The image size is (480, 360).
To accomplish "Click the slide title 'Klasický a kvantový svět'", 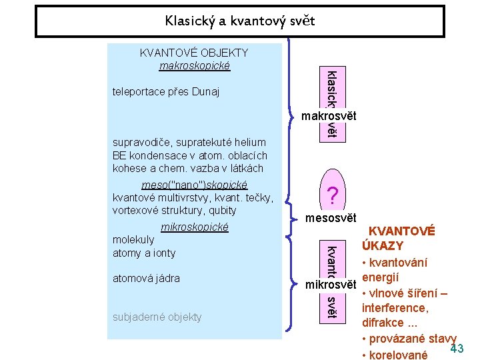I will click(240, 21).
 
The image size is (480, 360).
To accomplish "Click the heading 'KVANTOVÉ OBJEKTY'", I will click(193, 53).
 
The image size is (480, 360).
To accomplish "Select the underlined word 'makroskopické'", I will click(195, 65).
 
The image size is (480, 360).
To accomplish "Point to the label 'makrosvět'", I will click(329, 117).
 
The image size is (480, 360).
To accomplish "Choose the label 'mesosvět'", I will click(331, 218).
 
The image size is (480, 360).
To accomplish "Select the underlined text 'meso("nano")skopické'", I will click(195, 185).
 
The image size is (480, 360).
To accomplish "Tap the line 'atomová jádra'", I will click(146, 278).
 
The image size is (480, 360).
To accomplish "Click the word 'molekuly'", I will click(133, 239).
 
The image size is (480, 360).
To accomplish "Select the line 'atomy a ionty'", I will click(144, 253).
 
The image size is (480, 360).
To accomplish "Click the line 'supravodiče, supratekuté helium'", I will click(189, 142).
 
